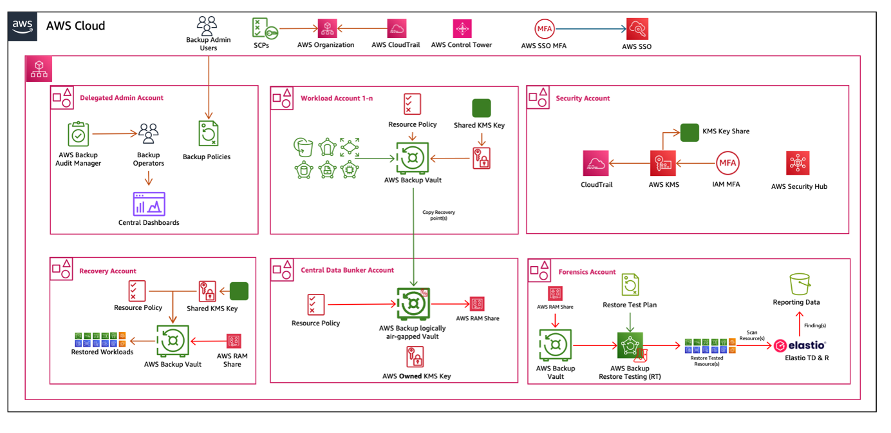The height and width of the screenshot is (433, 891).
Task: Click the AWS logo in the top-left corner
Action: click(23, 26)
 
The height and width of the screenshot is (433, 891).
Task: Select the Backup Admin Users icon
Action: click(207, 25)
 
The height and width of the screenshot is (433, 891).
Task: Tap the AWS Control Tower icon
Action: click(462, 28)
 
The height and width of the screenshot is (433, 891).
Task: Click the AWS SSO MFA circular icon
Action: click(545, 29)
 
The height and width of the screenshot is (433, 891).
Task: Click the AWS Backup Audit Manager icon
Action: click(79, 135)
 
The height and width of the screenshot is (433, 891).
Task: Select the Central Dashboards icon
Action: click(149, 204)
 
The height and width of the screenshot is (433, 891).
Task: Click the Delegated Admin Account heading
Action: click(121, 98)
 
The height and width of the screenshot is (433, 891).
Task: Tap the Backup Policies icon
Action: click(208, 134)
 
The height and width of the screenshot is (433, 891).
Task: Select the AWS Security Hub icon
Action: click(798, 164)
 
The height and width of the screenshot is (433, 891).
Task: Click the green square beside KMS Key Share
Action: click(689, 132)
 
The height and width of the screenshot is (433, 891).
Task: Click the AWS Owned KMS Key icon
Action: click(415, 357)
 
